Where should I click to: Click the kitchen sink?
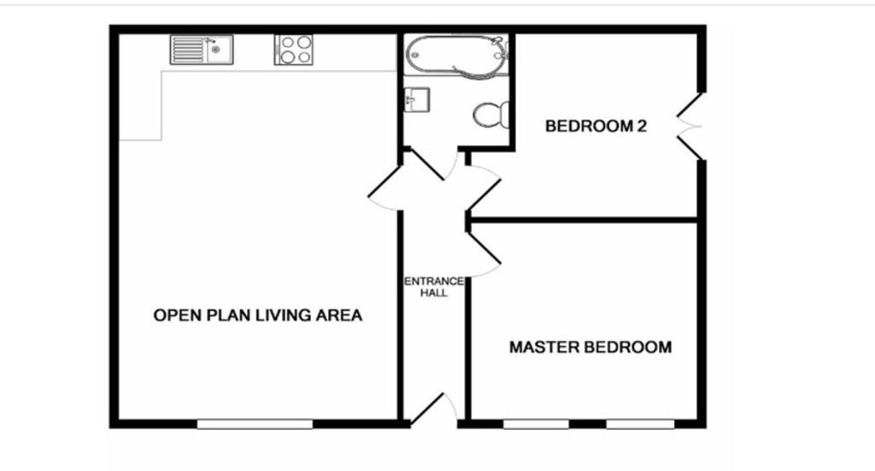click(x=201, y=50)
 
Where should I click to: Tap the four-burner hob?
click(x=293, y=50)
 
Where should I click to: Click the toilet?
click(x=492, y=115)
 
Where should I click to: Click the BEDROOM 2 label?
click(x=596, y=127)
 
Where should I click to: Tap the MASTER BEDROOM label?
click(x=590, y=347)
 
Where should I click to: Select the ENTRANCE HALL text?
click(x=434, y=286)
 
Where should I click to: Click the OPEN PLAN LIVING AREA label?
click(x=257, y=315)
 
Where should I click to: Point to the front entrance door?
click(x=429, y=409)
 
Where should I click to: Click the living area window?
click(x=255, y=423)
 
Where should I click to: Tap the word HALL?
click(x=434, y=292)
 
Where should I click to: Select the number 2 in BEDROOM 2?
click(x=641, y=127)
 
